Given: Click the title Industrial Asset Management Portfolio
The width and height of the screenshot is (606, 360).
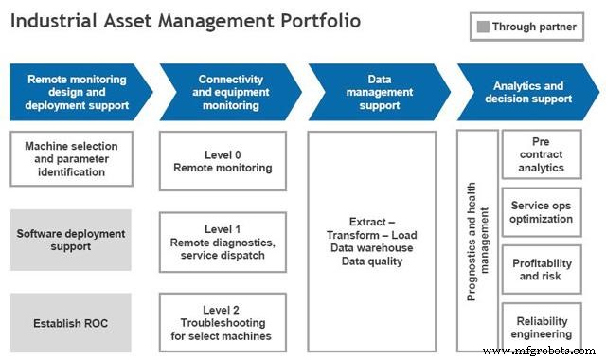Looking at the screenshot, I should (187, 21).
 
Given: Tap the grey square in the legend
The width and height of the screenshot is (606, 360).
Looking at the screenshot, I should (483, 27).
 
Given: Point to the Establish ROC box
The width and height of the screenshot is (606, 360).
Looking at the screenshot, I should (74, 323).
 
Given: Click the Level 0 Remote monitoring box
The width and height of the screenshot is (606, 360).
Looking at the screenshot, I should (223, 160).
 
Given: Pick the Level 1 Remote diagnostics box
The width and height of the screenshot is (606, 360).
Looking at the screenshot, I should (223, 243).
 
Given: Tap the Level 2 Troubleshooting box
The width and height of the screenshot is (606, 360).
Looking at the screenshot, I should (223, 323).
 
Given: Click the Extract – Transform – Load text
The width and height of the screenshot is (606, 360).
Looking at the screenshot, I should (372, 228).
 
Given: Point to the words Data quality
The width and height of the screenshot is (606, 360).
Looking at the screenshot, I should (372, 261).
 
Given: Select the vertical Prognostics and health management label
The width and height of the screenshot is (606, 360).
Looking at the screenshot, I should (478, 242).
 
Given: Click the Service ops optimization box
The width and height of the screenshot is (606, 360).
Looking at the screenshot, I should (541, 211).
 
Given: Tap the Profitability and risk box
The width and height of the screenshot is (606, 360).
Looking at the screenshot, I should (541, 269).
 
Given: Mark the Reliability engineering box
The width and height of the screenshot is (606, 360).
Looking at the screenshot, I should (541, 327).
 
